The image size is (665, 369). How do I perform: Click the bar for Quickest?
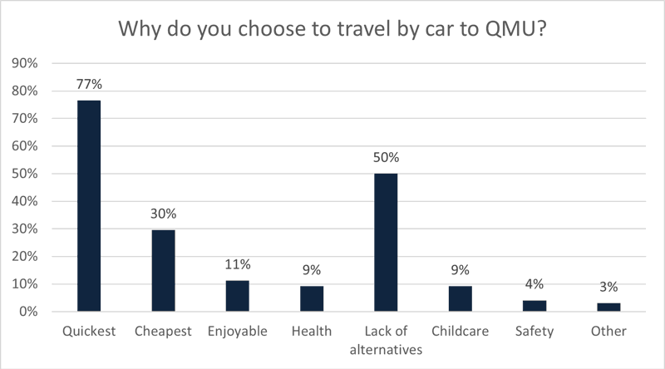point(89,206)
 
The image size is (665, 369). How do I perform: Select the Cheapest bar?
point(163,271)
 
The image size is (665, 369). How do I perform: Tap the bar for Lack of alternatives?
point(386,243)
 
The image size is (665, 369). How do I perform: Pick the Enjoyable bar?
point(237,296)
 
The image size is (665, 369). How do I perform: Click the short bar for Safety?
point(534,306)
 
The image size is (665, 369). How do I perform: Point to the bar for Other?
point(608,307)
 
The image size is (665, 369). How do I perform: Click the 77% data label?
point(89,86)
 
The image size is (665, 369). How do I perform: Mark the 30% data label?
point(163,214)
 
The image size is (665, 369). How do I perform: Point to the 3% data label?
point(608,288)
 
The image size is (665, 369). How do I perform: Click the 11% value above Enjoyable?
point(237,265)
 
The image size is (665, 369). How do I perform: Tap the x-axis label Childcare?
point(460,332)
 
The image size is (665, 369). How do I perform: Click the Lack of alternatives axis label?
point(386,340)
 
